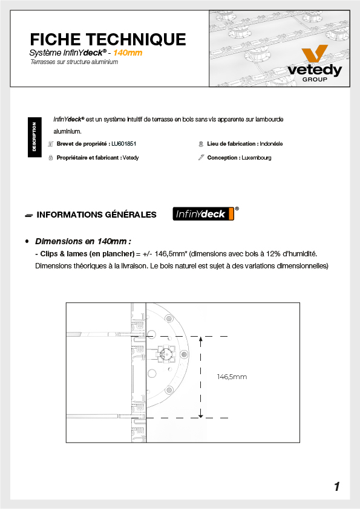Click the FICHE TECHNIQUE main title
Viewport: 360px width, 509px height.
tap(108, 40)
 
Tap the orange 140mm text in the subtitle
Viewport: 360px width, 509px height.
tap(128, 53)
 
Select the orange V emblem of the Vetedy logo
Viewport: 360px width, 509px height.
tap(314, 53)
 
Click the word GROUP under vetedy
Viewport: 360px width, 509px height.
tap(315, 80)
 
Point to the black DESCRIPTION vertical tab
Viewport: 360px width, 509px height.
tap(34, 137)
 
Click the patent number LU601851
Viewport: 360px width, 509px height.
tap(124, 144)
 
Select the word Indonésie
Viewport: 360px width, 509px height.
tap(271, 144)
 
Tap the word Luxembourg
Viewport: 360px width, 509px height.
tap(257, 158)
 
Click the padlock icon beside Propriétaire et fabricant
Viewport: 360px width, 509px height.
tap(51, 158)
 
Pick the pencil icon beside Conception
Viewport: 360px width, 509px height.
tap(201, 157)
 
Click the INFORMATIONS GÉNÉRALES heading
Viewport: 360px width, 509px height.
tap(96, 215)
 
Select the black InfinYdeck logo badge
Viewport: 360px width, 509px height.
tap(203, 214)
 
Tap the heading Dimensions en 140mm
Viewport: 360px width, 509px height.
tap(83, 242)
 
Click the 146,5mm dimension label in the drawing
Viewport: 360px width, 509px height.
tap(232, 377)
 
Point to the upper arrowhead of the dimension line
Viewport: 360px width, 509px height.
tap(200, 339)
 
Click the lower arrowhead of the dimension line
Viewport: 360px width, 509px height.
tap(200, 415)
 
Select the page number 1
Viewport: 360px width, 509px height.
tap(337, 487)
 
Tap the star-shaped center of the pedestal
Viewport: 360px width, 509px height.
tap(166, 354)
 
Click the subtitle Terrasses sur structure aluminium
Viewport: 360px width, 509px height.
tap(74, 62)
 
